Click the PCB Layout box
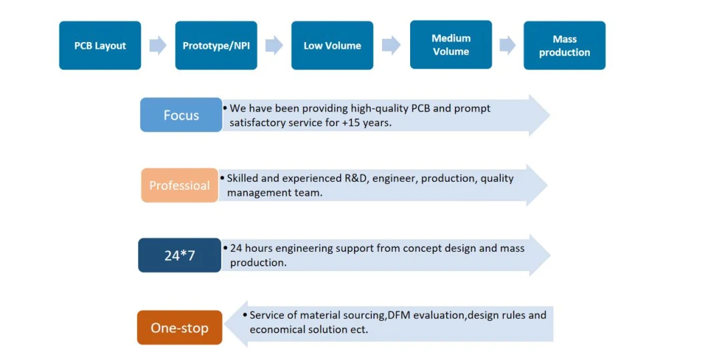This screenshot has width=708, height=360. pos(100,45)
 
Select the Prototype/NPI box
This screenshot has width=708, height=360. pos(216,45)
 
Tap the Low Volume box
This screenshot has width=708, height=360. pos(332,45)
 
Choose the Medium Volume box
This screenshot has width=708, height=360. pos(451,45)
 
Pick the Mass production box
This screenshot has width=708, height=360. pos(564,45)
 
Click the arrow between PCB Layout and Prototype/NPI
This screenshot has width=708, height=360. pos(158,45)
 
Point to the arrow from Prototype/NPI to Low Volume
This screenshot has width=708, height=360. pos(274,45)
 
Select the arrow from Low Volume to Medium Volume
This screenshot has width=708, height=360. pos(391,45)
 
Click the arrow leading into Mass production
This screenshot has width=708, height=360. pos(508,45)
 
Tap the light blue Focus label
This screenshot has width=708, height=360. pos(181,115)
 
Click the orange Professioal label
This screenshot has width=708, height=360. pos(179,185)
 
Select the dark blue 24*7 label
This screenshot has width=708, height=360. pos(179,255)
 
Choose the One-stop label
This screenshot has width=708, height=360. pos(179,327)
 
